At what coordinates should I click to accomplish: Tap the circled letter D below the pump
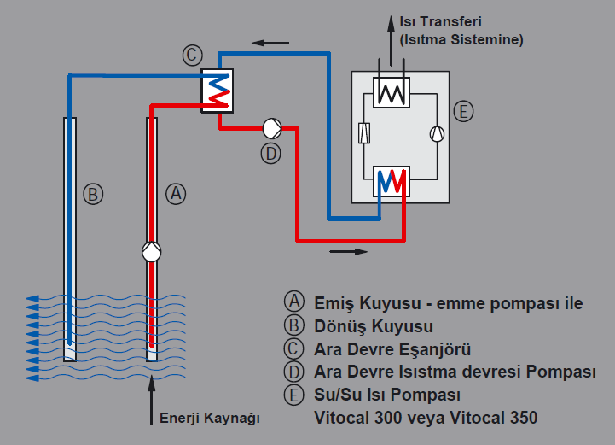coord(270,153)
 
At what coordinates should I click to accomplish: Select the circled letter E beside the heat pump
coord(463,112)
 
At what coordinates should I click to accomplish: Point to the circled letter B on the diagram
coord(93,194)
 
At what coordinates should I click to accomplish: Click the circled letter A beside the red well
coord(175,194)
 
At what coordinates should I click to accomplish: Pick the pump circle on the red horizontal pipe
coord(273,128)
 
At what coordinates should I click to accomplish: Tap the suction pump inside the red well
coord(152,252)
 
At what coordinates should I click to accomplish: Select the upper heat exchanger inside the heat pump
coord(392,91)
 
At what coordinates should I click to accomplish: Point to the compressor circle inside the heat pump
coord(438,133)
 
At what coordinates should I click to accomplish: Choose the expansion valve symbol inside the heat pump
coord(364,133)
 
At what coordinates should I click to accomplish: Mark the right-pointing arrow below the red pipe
coord(349,252)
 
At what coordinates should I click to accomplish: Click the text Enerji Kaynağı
coord(209,419)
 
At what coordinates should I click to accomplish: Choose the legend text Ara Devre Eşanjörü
coord(392,349)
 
